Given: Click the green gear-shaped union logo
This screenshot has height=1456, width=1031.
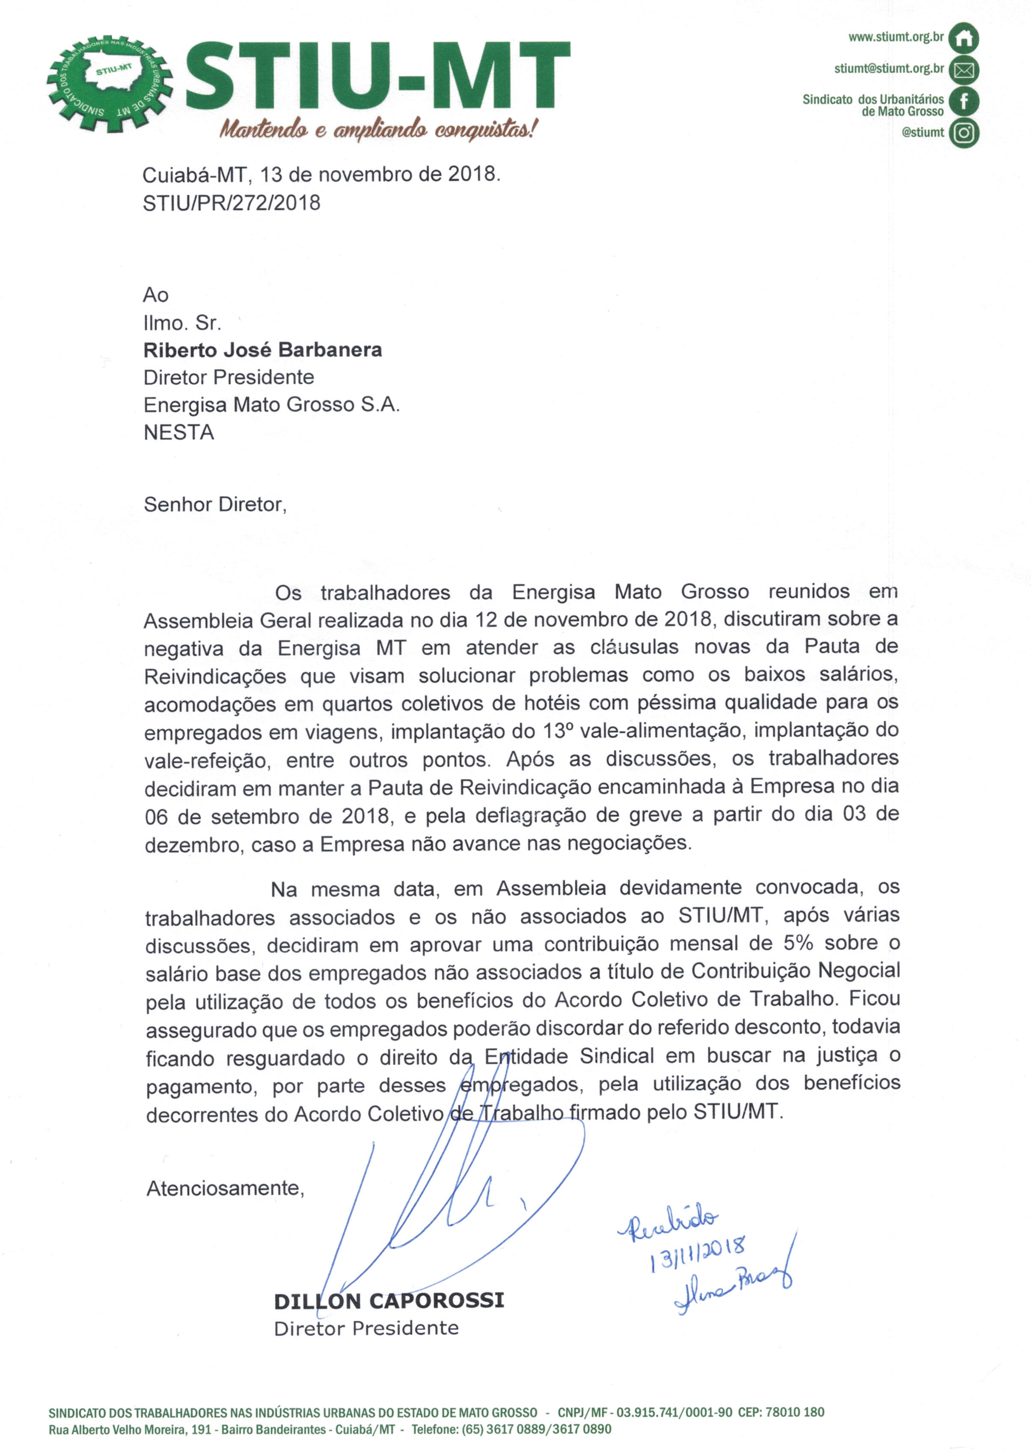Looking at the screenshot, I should [x=110, y=83].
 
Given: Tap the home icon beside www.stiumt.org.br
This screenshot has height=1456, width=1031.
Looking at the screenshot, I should [x=963, y=39].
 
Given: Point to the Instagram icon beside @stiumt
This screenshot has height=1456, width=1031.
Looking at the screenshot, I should [x=963, y=133].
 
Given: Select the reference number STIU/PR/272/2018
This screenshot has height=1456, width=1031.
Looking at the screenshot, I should [x=232, y=203].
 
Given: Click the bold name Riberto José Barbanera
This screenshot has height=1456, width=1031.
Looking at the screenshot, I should [x=263, y=350].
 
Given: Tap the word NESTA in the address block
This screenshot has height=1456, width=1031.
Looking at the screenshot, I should [x=178, y=433].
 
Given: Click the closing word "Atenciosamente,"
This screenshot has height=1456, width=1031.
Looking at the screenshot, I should [x=226, y=1188].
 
